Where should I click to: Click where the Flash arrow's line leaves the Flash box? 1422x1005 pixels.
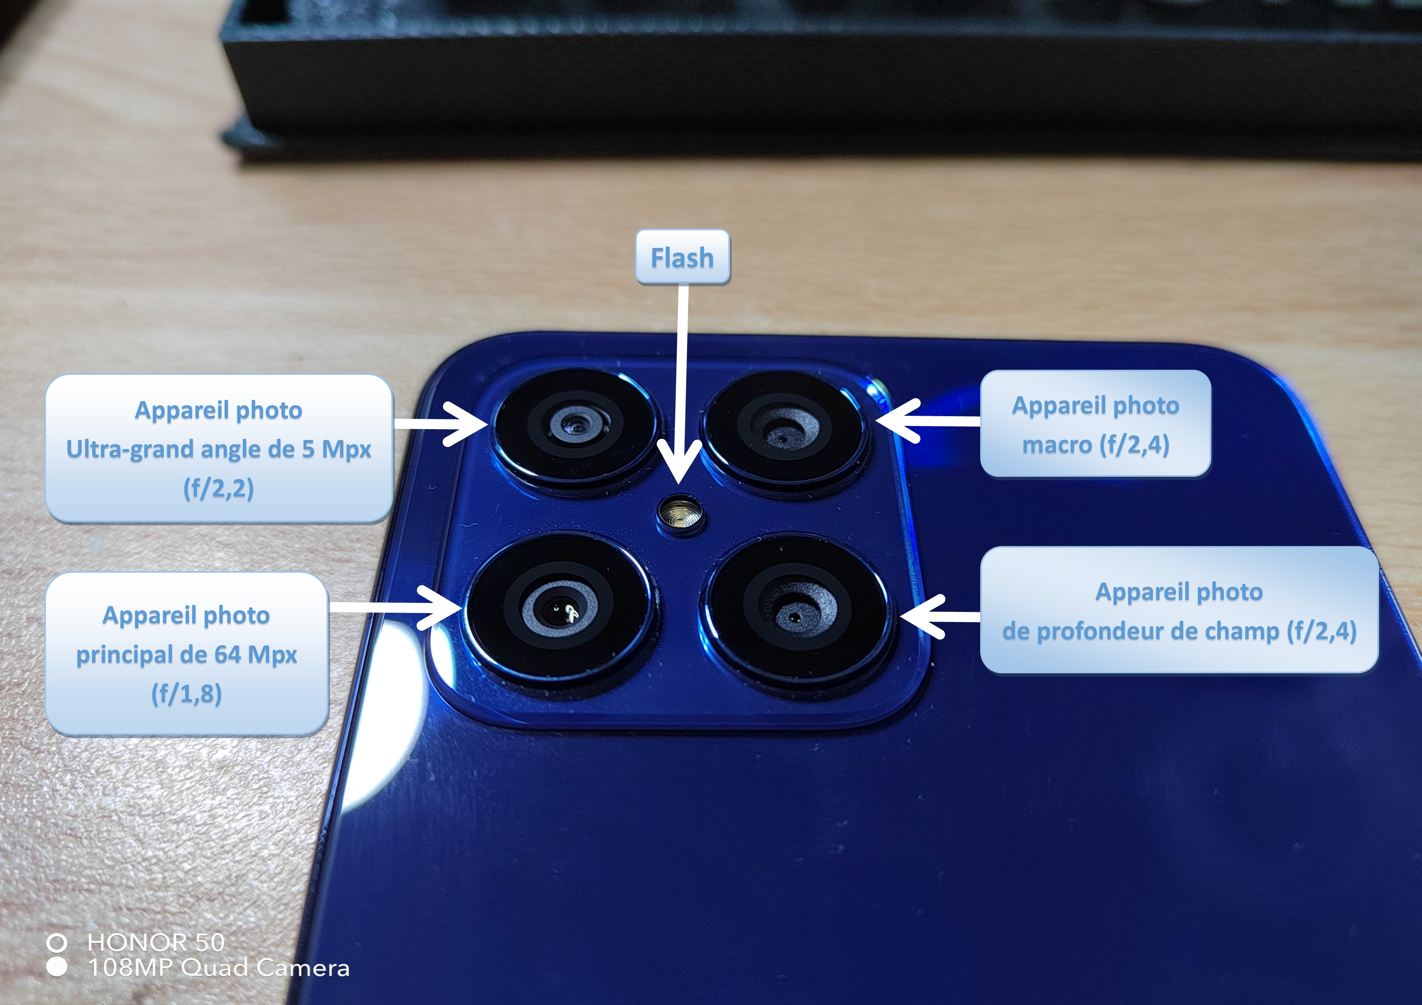pyautogui.click(x=683, y=285)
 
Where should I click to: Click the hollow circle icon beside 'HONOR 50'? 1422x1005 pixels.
pyautogui.click(x=57, y=943)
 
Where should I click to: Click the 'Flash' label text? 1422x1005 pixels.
pyautogui.click(x=682, y=258)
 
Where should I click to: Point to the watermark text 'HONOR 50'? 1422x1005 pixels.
pyautogui.click(x=156, y=943)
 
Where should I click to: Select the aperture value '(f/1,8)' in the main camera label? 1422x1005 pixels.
pyautogui.click(x=186, y=693)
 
